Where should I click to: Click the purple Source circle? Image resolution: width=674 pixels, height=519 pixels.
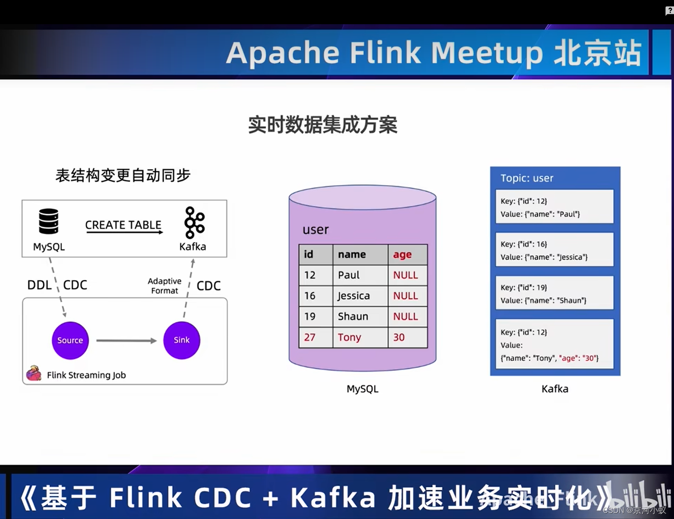(70, 340)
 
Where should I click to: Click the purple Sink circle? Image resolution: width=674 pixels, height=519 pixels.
(181, 340)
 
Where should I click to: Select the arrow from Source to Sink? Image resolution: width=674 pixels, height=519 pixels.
(126, 341)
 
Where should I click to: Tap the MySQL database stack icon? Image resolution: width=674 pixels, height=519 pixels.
(48, 221)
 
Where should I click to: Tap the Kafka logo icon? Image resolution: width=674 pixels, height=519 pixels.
(194, 222)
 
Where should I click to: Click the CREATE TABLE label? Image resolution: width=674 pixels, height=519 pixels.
(123, 225)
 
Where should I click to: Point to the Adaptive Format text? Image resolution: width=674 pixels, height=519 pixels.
(165, 286)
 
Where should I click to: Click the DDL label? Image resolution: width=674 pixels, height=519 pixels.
(40, 285)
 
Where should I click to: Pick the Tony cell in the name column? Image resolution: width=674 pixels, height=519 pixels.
(349, 337)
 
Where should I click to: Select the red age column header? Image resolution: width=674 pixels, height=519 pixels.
(402, 255)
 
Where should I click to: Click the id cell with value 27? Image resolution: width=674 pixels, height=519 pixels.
(310, 337)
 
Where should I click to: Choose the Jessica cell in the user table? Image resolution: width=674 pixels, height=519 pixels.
(354, 296)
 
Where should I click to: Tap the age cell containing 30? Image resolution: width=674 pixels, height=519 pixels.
(399, 337)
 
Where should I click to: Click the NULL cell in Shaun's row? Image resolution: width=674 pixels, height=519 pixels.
(406, 317)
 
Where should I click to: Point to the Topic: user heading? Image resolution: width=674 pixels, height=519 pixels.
(527, 178)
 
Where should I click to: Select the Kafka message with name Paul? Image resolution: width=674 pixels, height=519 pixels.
(554, 207)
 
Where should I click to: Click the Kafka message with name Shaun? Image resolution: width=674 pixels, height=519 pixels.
(554, 293)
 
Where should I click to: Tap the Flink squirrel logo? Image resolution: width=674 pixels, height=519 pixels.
(33, 373)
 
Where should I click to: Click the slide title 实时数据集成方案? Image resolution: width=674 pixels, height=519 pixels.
(322, 125)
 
